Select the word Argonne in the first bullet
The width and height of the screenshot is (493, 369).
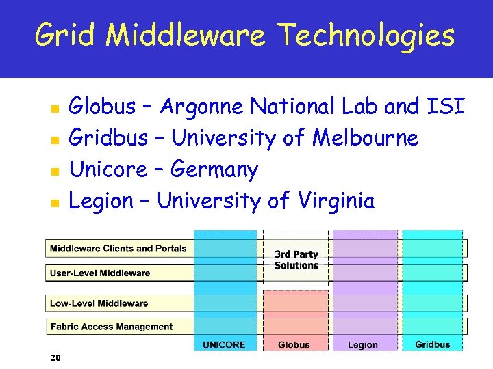coord(203,107)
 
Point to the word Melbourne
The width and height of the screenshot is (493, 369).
coord(365,138)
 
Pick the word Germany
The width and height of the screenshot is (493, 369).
coord(214,170)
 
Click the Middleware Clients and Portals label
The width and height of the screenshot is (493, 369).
coord(118,249)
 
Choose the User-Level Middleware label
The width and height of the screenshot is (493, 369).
coord(100,273)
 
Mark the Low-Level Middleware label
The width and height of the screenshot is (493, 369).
coord(99,303)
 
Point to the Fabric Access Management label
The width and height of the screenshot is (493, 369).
coord(112,327)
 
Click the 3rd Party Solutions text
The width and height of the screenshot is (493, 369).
coord(296,260)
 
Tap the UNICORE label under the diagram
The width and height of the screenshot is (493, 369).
coord(224,344)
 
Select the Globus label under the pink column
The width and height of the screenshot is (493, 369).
coord(294,344)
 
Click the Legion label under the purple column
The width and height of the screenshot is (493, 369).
coord(362,344)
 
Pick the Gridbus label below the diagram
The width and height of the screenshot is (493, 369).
coord(433,344)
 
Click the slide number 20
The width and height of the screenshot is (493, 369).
coord(56,357)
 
